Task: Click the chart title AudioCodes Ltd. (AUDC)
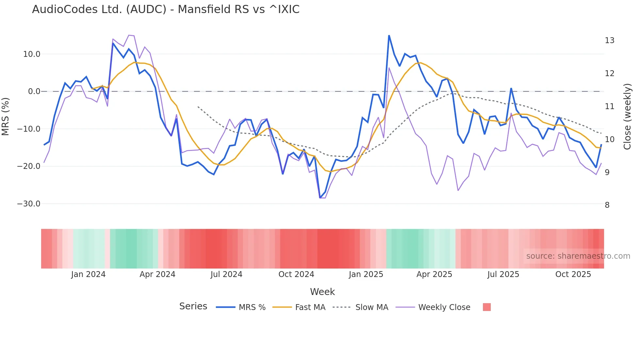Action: pos(166,9)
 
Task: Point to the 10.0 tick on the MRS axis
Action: pos(32,54)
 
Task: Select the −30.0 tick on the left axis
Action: pos(29,204)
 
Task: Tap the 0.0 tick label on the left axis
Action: pos(34,91)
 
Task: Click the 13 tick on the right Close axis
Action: pos(609,41)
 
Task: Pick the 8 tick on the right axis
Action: pos(607,205)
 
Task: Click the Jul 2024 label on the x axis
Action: pos(226,274)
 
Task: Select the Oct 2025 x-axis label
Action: pos(573,274)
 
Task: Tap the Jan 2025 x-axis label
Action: pos(366,274)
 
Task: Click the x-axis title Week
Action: pos(322,292)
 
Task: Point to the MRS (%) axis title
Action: pos(6,117)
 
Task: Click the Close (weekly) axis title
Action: pos(627,117)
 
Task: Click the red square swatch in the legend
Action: pos(487,307)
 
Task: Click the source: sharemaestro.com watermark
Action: pos(578,256)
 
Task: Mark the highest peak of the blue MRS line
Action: pos(389,35)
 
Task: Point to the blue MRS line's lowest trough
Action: pos(320,198)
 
